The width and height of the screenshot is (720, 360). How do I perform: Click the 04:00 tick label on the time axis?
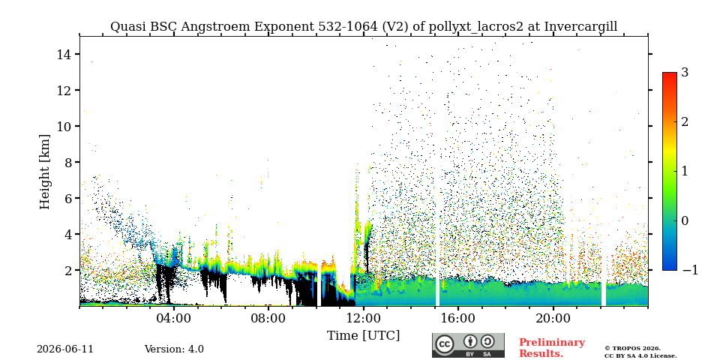(175, 318)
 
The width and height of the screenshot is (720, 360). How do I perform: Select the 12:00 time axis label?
(364, 318)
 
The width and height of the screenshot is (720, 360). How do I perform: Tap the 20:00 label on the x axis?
(553, 318)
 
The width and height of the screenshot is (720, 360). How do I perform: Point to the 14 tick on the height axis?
(63, 54)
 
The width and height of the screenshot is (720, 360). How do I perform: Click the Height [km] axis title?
(44, 172)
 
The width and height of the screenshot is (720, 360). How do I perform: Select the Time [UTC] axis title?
(363, 336)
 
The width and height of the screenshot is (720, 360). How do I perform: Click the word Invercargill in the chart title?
(580, 27)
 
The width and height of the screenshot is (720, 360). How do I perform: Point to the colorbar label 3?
(685, 72)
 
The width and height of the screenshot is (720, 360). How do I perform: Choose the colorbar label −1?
(690, 270)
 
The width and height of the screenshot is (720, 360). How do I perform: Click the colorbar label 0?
(685, 220)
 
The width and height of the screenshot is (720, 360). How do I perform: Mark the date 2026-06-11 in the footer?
(65, 349)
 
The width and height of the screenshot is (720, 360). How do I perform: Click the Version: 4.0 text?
(174, 349)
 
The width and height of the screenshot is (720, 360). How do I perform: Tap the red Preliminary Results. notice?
(552, 347)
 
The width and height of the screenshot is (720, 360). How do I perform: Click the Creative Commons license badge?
(468, 345)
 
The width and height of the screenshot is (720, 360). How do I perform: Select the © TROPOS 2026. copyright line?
(632, 349)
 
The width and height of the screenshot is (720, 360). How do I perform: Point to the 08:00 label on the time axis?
(269, 318)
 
